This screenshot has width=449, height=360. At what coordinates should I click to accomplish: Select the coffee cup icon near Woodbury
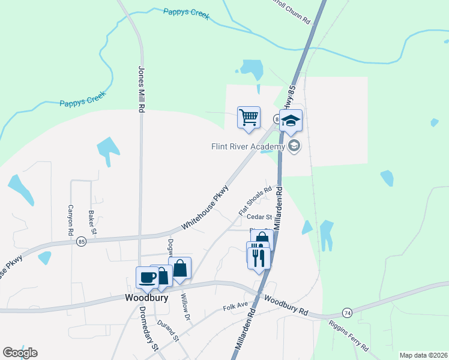click(148, 277)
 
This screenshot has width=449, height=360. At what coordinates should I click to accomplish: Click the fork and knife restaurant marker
click(259, 257)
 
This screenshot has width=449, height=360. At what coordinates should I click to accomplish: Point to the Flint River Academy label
click(248, 146)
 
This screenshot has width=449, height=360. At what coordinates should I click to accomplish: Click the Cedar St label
click(261, 217)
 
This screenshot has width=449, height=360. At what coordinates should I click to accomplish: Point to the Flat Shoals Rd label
click(255, 200)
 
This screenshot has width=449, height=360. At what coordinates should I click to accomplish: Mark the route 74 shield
click(346, 313)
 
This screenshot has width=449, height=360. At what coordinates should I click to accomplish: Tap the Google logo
click(20, 353)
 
